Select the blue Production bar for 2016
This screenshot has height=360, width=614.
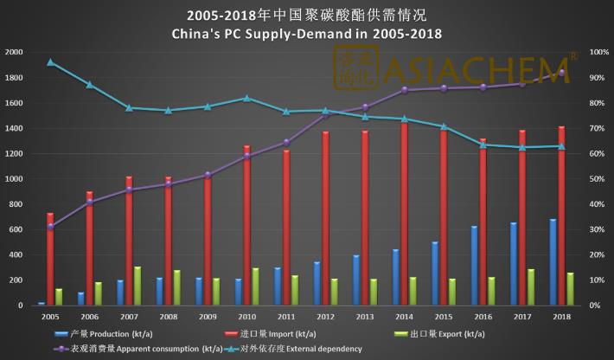[474, 266]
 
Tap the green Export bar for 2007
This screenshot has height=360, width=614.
[138, 286]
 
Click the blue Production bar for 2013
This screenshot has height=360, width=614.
[355, 280]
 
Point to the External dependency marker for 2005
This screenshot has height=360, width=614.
[50, 62]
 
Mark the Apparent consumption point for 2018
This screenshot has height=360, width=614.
[561, 73]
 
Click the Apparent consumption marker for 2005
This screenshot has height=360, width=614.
[50, 227]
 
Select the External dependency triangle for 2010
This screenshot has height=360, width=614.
[247, 98]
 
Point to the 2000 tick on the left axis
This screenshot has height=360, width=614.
[14, 53]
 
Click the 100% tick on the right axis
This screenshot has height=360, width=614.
[598, 53]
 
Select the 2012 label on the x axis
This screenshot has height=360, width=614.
[326, 318]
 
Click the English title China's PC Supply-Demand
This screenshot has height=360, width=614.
[307, 34]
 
